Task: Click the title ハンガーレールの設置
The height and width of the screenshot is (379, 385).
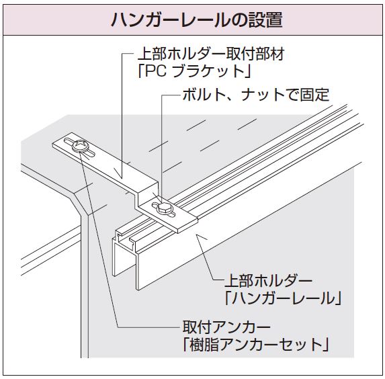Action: [x=196, y=19]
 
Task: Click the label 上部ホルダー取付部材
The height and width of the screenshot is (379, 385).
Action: [x=211, y=54]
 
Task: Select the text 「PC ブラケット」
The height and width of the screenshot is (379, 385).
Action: [x=194, y=71]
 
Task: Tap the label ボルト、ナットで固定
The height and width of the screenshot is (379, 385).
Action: [x=256, y=95]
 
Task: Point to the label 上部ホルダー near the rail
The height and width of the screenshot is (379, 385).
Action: [x=268, y=280]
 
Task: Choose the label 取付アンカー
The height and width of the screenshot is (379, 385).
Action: [x=226, y=327]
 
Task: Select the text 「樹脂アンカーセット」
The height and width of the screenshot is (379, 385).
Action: [x=255, y=345]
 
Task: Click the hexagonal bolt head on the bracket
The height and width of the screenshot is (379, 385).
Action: [x=163, y=208]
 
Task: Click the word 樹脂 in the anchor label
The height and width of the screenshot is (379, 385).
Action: [x=204, y=345]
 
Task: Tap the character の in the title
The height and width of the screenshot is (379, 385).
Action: [x=239, y=20]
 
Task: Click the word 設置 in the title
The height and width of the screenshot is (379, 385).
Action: [x=265, y=19]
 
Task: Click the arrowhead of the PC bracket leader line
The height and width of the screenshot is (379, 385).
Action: [x=120, y=174]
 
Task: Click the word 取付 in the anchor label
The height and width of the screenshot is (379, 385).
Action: [x=197, y=327]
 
